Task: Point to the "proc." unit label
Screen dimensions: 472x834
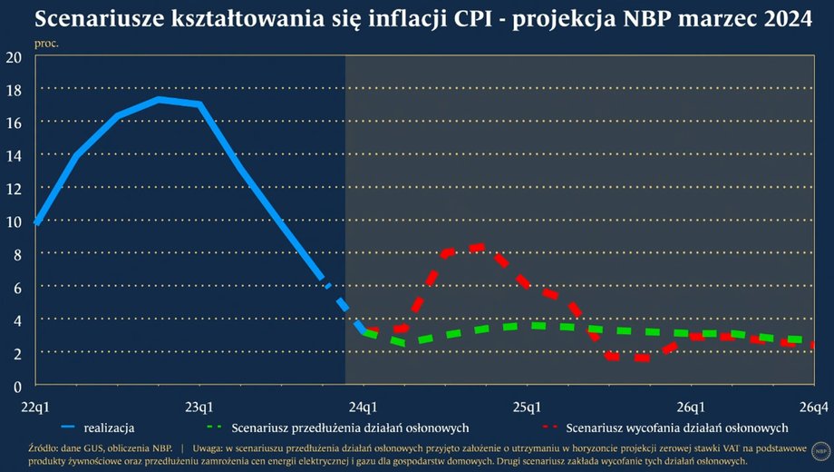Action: (x=46, y=43)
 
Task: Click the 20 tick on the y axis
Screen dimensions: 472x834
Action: (x=14, y=56)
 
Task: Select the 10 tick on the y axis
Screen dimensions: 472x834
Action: (x=14, y=221)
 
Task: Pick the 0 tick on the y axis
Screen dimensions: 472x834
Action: (x=17, y=385)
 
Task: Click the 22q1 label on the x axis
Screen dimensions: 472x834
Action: (x=36, y=405)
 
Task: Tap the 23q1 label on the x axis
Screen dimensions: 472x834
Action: (x=199, y=405)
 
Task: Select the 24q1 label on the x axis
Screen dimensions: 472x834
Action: (x=364, y=405)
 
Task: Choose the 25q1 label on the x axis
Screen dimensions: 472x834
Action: (x=528, y=405)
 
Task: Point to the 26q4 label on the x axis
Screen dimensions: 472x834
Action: (x=812, y=405)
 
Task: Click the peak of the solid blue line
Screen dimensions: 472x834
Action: (x=159, y=99)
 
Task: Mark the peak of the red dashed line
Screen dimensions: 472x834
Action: (x=480, y=246)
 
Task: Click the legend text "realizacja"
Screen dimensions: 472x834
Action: (x=110, y=427)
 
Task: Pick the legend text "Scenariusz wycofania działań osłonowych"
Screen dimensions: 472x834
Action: (x=676, y=427)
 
